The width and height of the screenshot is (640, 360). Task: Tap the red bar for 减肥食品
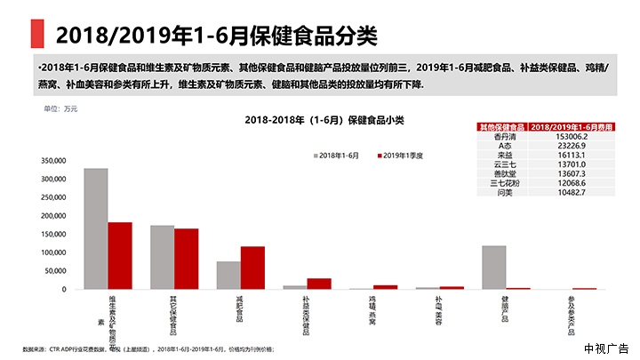click(252, 268)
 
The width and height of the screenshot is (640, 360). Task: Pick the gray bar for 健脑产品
click(493, 267)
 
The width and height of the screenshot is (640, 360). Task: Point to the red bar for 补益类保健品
click(319, 284)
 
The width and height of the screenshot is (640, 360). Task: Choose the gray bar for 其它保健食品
click(162, 257)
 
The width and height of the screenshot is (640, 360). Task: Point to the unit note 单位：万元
click(61, 108)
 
